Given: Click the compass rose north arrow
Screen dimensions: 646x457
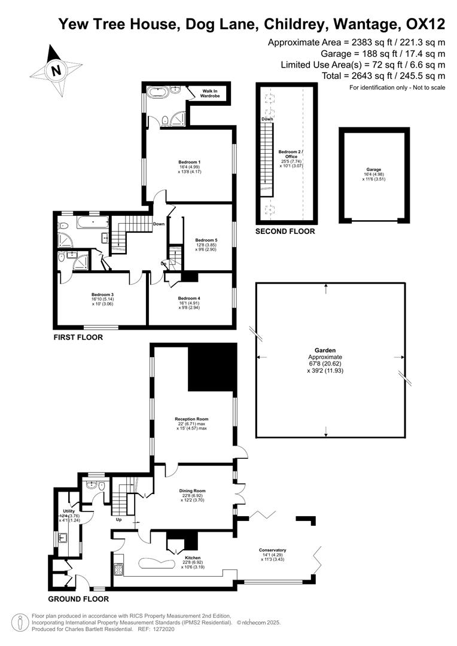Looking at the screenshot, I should coord(56,71).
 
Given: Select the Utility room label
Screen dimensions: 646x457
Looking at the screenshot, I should coord(69,511).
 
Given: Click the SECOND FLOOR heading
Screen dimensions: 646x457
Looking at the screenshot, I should coord(285,231).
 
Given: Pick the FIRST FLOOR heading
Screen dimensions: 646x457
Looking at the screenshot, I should coord(78,337).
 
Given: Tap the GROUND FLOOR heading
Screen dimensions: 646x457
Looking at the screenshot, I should coord(78,599).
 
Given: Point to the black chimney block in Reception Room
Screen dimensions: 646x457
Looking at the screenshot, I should coord(212,367).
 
